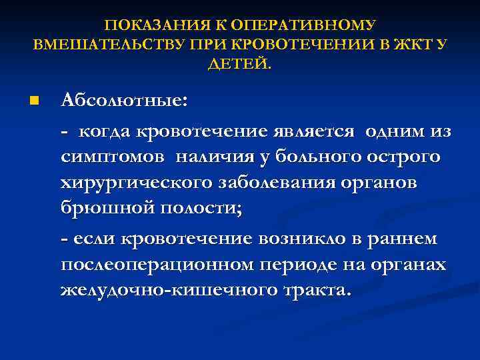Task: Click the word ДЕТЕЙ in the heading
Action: (239, 65)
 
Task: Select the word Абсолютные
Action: (124, 101)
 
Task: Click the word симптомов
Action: (114, 157)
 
